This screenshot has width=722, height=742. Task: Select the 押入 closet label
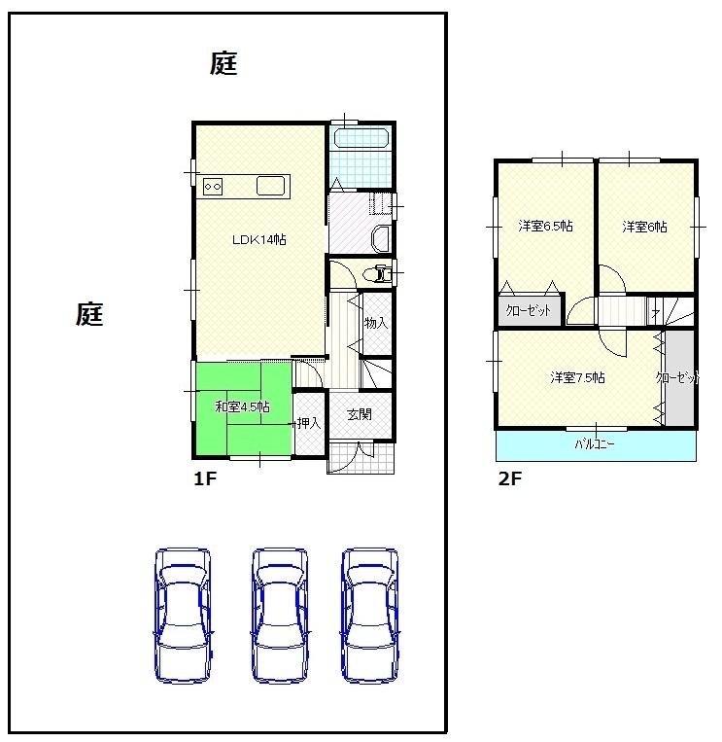point(309,423)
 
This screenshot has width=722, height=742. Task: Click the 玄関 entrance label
point(359,413)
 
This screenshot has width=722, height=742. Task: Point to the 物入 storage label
point(375,322)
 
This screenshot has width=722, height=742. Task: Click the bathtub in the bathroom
point(361,136)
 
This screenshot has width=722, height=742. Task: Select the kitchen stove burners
point(215,185)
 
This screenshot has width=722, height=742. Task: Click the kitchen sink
point(270,185)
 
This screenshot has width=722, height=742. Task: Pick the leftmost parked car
point(183,615)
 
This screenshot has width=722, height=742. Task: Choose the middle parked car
point(280,615)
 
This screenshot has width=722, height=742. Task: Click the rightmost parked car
point(369,615)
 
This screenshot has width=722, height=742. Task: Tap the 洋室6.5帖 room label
point(544,226)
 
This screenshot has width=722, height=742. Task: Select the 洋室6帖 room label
point(644,227)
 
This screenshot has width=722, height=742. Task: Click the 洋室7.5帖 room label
point(577,377)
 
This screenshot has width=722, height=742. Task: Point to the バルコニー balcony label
point(594,444)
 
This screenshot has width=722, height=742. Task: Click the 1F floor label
point(203,478)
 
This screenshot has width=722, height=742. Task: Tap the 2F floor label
point(509,478)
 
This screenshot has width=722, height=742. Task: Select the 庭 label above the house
point(223,64)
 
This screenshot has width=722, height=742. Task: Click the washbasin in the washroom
point(380,238)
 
